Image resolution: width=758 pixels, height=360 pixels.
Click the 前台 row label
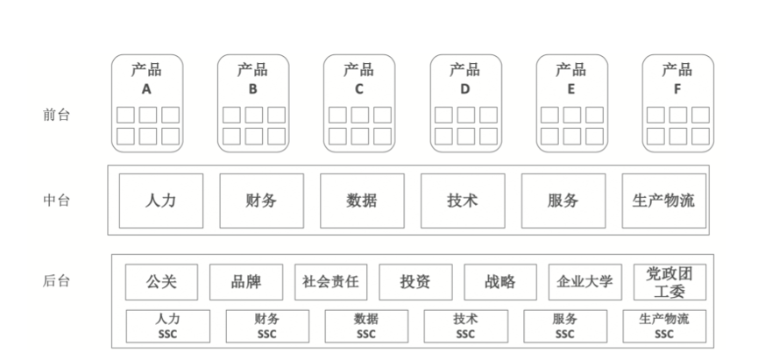[57, 116]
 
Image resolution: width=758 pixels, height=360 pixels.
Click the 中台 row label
[57, 201]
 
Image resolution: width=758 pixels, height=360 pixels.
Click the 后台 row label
[57, 281]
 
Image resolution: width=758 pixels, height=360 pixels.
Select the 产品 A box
[146, 102]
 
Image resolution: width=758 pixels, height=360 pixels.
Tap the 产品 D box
[465, 102]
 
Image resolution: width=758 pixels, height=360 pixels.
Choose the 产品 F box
[677, 102]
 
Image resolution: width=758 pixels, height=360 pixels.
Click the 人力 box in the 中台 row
[160, 201]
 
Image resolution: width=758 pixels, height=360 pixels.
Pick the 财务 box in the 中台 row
[261, 201]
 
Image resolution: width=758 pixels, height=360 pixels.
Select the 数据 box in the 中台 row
[362, 201]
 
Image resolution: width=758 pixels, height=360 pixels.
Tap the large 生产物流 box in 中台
[663, 201]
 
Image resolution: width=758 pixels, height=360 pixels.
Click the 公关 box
[162, 282]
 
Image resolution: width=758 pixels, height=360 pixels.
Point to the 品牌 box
[246, 282]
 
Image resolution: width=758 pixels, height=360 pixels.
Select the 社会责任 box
[330, 282]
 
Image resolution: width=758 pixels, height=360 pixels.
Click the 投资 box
[415, 282]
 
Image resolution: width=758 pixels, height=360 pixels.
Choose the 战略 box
[499, 282]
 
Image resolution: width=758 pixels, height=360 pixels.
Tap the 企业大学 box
[584, 282]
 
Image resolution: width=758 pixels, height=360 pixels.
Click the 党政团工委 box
[669, 282]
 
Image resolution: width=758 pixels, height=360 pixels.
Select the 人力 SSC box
[167, 326]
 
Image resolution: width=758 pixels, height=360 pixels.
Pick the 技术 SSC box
[465, 326]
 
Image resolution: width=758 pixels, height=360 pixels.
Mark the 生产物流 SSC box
[664, 326]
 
